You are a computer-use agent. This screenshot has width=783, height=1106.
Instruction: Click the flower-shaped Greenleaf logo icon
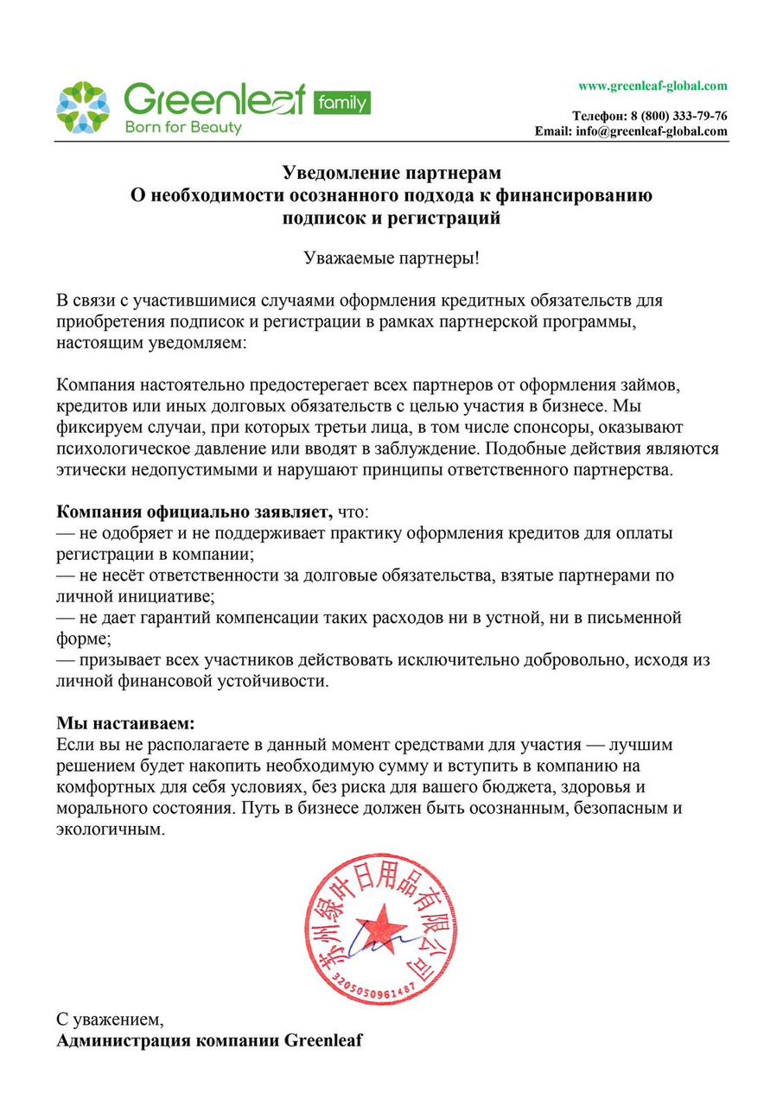click(82, 107)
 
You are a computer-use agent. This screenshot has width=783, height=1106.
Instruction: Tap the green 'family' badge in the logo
click(340, 103)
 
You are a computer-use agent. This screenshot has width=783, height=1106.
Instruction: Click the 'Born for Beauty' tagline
click(183, 128)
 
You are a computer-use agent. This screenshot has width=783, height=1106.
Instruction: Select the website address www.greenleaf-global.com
click(652, 86)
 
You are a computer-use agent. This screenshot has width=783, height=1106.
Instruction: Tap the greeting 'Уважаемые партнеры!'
click(391, 257)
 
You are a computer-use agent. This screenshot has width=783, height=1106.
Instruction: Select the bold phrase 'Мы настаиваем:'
click(125, 721)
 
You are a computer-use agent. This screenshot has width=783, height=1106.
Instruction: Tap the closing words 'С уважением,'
click(109, 1018)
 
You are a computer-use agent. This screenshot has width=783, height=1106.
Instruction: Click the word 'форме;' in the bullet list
click(80, 639)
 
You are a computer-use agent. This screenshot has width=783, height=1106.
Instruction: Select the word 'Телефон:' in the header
click(599, 116)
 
